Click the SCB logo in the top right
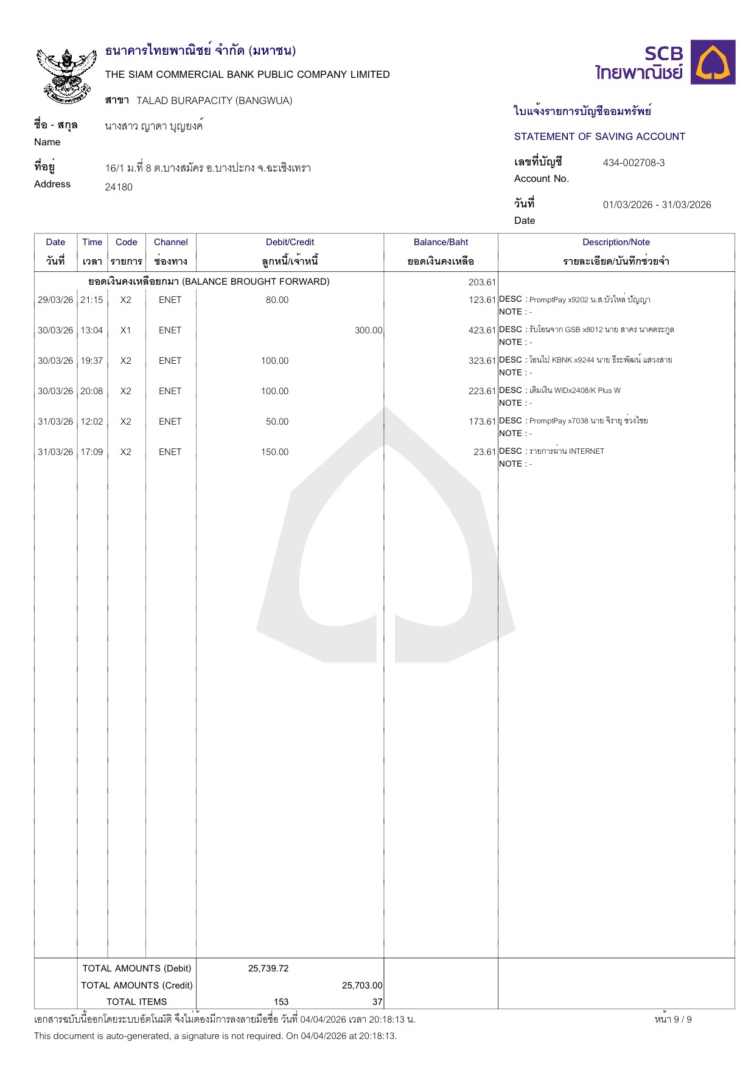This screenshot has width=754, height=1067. (x=665, y=63)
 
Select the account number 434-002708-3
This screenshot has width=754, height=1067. (x=634, y=162)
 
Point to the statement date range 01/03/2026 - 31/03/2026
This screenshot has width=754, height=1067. (x=657, y=204)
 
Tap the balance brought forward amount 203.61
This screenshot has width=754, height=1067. (x=482, y=282)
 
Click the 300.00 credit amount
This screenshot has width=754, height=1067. (x=368, y=330)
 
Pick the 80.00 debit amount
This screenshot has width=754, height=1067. (x=277, y=300)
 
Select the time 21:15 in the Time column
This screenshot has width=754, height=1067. (x=92, y=300)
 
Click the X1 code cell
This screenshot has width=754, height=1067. (x=126, y=330)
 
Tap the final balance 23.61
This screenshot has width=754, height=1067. (x=484, y=452)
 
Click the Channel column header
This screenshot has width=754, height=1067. (x=170, y=242)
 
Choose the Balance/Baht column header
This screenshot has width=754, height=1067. (x=441, y=242)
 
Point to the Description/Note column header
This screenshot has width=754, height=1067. (x=616, y=242)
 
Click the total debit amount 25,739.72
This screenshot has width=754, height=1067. (x=268, y=968)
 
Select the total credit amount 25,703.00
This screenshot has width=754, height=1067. (x=362, y=985)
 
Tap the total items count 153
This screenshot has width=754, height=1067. (x=281, y=1002)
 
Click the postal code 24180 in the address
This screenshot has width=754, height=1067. (x=119, y=187)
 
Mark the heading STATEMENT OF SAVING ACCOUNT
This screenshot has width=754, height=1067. (x=599, y=137)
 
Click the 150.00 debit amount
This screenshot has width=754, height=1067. (x=274, y=452)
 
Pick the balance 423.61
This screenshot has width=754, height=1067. (x=482, y=330)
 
